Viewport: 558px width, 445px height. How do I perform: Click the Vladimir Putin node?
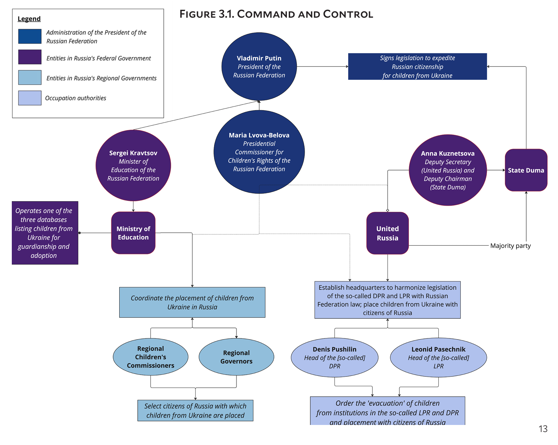[259, 66]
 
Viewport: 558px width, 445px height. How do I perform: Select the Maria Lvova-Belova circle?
[259, 152]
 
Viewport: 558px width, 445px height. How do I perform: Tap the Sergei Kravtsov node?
[133, 165]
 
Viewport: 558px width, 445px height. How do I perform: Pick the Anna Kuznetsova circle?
[448, 170]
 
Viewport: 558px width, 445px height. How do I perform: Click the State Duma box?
[526, 170]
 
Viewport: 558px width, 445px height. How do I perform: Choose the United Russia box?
[387, 233]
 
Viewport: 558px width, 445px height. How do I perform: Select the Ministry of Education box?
[133, 233]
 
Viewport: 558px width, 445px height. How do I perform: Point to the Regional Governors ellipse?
[236, 357]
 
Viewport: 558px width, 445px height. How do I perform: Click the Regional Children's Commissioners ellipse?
[150, 357]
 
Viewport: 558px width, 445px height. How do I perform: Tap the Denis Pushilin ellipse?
[334, 357]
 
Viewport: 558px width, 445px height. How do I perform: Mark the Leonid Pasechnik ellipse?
[438, 357]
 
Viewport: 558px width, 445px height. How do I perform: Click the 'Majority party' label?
[510, 246]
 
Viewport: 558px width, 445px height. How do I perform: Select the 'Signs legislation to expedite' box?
[417, 66]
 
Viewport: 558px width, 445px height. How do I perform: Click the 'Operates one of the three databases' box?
[45, 233]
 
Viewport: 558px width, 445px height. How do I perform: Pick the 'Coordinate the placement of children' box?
[192, 302]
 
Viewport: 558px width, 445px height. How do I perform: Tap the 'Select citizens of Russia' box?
[195, 410]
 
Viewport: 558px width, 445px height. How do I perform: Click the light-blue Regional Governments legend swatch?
[30, 77]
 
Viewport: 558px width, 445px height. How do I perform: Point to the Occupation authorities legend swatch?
[30, 98]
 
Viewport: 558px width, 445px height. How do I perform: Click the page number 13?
[543, 429]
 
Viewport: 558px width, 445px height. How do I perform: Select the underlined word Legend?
[29, 19]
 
